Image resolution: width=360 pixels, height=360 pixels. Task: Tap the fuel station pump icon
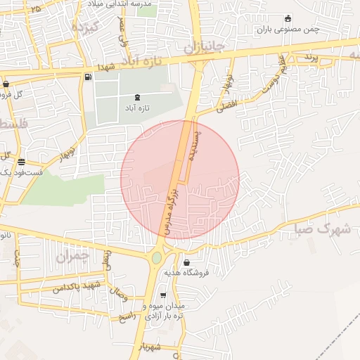87,77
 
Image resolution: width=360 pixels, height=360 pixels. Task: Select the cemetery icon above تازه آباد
136,97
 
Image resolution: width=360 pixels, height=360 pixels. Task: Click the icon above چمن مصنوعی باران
288,19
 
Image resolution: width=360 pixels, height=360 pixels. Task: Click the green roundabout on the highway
156,257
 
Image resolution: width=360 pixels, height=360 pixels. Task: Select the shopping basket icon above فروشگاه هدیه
186,263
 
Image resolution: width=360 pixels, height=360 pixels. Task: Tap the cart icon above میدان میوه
164,296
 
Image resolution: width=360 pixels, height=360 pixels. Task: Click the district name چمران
72,258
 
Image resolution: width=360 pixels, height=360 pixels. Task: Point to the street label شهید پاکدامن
77,285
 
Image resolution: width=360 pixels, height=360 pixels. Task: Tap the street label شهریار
151,347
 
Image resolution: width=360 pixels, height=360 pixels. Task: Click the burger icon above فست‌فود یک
21,161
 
